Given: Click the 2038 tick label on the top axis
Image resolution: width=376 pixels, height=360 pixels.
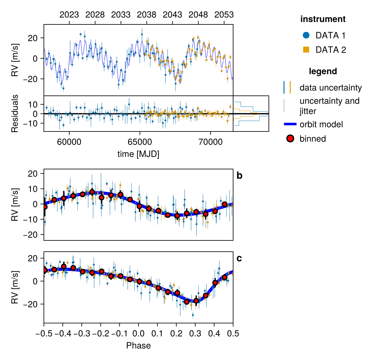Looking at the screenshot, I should [147, 15].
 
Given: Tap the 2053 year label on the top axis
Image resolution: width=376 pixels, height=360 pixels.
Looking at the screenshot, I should [224, 15].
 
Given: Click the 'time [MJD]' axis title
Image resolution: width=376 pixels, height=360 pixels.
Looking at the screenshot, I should [138, 154].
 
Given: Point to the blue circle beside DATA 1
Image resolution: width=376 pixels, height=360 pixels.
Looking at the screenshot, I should [306, 35].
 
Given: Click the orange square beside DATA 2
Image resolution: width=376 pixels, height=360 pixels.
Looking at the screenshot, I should [306, 50].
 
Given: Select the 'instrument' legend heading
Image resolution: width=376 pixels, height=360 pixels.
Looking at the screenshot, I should [323, 19].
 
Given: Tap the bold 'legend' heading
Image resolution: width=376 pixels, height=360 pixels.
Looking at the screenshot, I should [323, 71].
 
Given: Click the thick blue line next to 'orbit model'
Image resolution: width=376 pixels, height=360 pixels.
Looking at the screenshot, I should [290, 124].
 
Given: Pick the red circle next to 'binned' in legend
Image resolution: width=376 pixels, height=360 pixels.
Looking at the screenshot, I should [290, 139].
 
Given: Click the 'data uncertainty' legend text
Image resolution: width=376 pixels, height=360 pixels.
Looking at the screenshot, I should [331, 88].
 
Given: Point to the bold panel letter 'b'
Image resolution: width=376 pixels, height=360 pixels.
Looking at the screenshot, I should [239, 176].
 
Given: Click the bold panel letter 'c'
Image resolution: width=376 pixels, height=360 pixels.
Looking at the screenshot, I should [239, 259].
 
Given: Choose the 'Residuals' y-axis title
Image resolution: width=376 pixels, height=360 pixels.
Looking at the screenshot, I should [15, 113].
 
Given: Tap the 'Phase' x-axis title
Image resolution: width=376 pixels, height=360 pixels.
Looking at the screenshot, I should [138, 346].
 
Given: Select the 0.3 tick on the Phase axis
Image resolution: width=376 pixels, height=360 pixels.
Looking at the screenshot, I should [195, 334].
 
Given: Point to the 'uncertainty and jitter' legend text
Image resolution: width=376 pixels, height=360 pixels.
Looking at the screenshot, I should [329, 106].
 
